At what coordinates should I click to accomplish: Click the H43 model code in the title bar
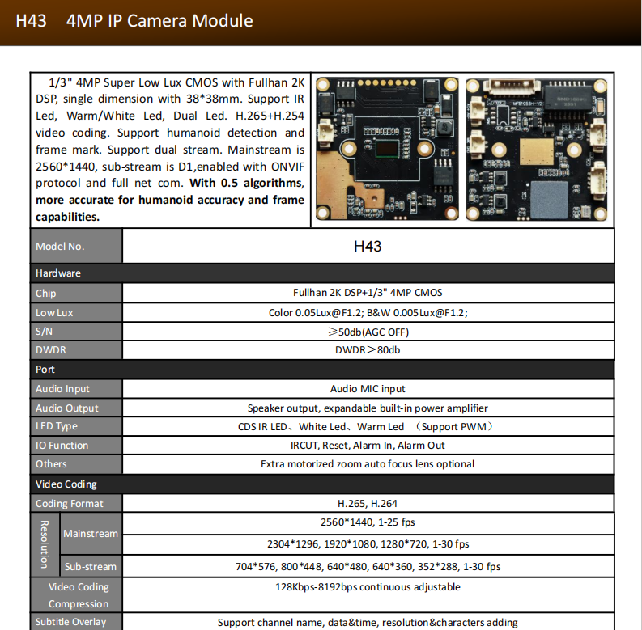pos(31,21)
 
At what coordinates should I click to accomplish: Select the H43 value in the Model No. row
pos(368,246)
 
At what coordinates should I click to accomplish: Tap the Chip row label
pos(46,293)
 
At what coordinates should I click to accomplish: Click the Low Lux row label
pos(54,312)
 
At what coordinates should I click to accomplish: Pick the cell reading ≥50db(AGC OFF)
pos(368,332)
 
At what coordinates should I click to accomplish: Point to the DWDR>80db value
pos(368,350)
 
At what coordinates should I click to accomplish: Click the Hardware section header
pos(58,273)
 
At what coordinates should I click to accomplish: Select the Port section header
pos(45,370)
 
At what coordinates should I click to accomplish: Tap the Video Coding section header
pos(66,484)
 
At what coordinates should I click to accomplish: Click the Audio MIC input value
pos(368,389)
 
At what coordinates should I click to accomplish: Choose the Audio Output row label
pos(67,408)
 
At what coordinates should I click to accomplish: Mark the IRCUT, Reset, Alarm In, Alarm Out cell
pos(368,446)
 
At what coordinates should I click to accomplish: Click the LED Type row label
pos(57,426)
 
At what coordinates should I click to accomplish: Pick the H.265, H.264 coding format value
pos(368,503)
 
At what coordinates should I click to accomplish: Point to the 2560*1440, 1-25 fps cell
pos(368,522)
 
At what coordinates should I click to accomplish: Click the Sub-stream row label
pos(91,566)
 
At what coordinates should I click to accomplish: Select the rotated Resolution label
pos(45,543)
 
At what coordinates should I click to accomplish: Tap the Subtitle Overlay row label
pos(71,622)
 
